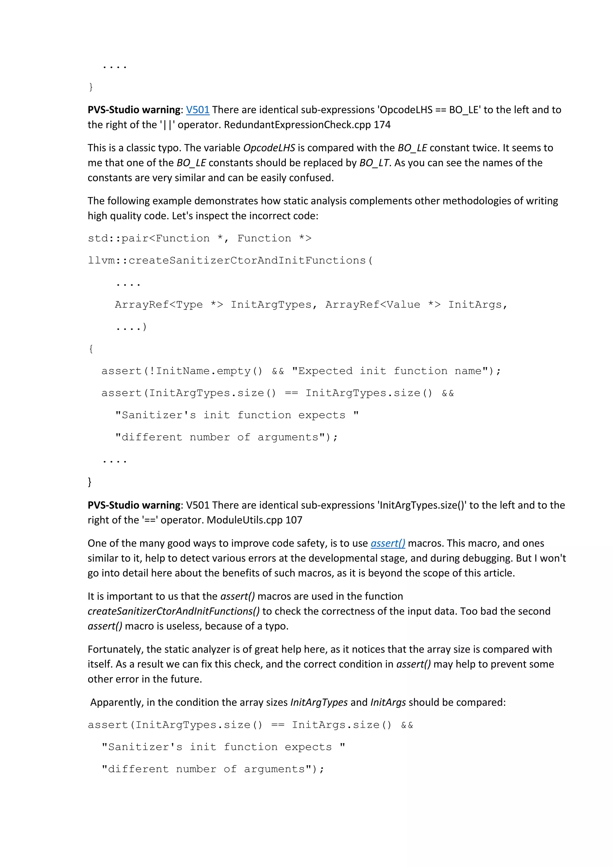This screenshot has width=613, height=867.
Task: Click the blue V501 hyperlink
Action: pyautogui.click(x=198, y=110)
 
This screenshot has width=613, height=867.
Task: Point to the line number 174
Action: pyautogui.click(x=382, y=125)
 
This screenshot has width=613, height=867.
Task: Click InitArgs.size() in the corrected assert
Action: pyautogui.click(x=341, y=725)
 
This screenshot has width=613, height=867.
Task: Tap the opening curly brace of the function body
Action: pyautogui.click(x=91, y=348)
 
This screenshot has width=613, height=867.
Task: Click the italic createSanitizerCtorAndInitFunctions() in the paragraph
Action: pyautogui.click(x=174, y=611)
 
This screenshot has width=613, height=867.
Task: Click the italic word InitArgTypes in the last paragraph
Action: pyautogui.click(x=318, y=702)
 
